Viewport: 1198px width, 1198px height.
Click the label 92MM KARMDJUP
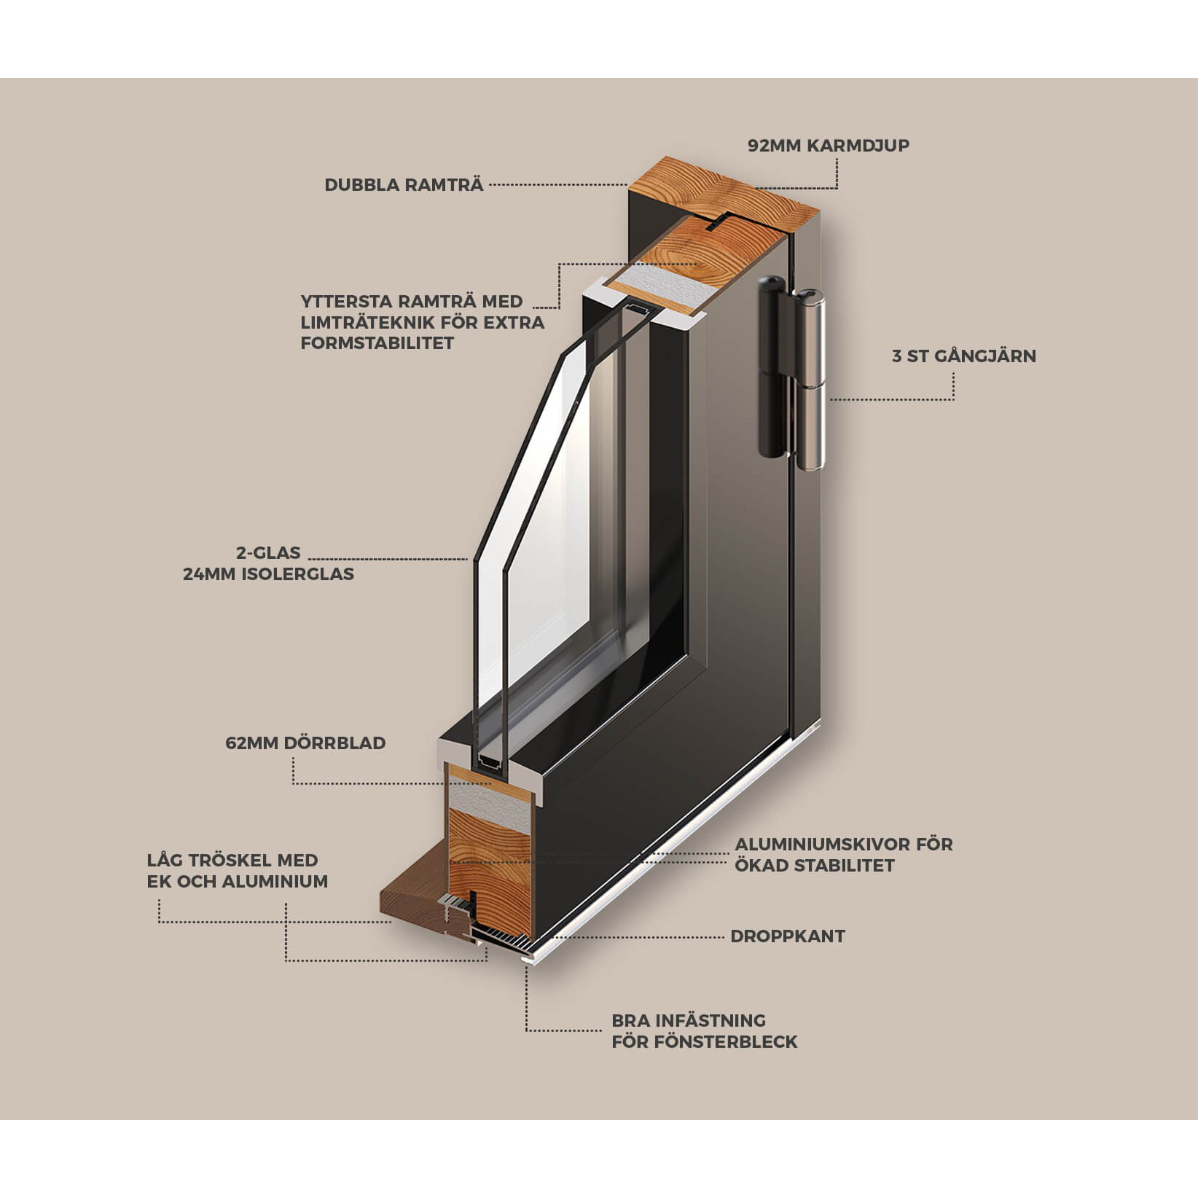pos(829,145)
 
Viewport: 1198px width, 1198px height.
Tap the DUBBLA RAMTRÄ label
pos(404,184)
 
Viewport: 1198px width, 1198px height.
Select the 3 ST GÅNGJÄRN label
pos(964,356)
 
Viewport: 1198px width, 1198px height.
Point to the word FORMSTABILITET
pos(377,342)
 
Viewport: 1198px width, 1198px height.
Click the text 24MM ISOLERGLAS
pos(268,573)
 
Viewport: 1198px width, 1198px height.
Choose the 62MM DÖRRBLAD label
pos(305,743)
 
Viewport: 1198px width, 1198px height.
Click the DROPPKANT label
pos(788,936)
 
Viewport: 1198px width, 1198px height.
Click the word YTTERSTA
pos(341,301)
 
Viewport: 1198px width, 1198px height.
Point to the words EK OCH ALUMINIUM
pos(238,881)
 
